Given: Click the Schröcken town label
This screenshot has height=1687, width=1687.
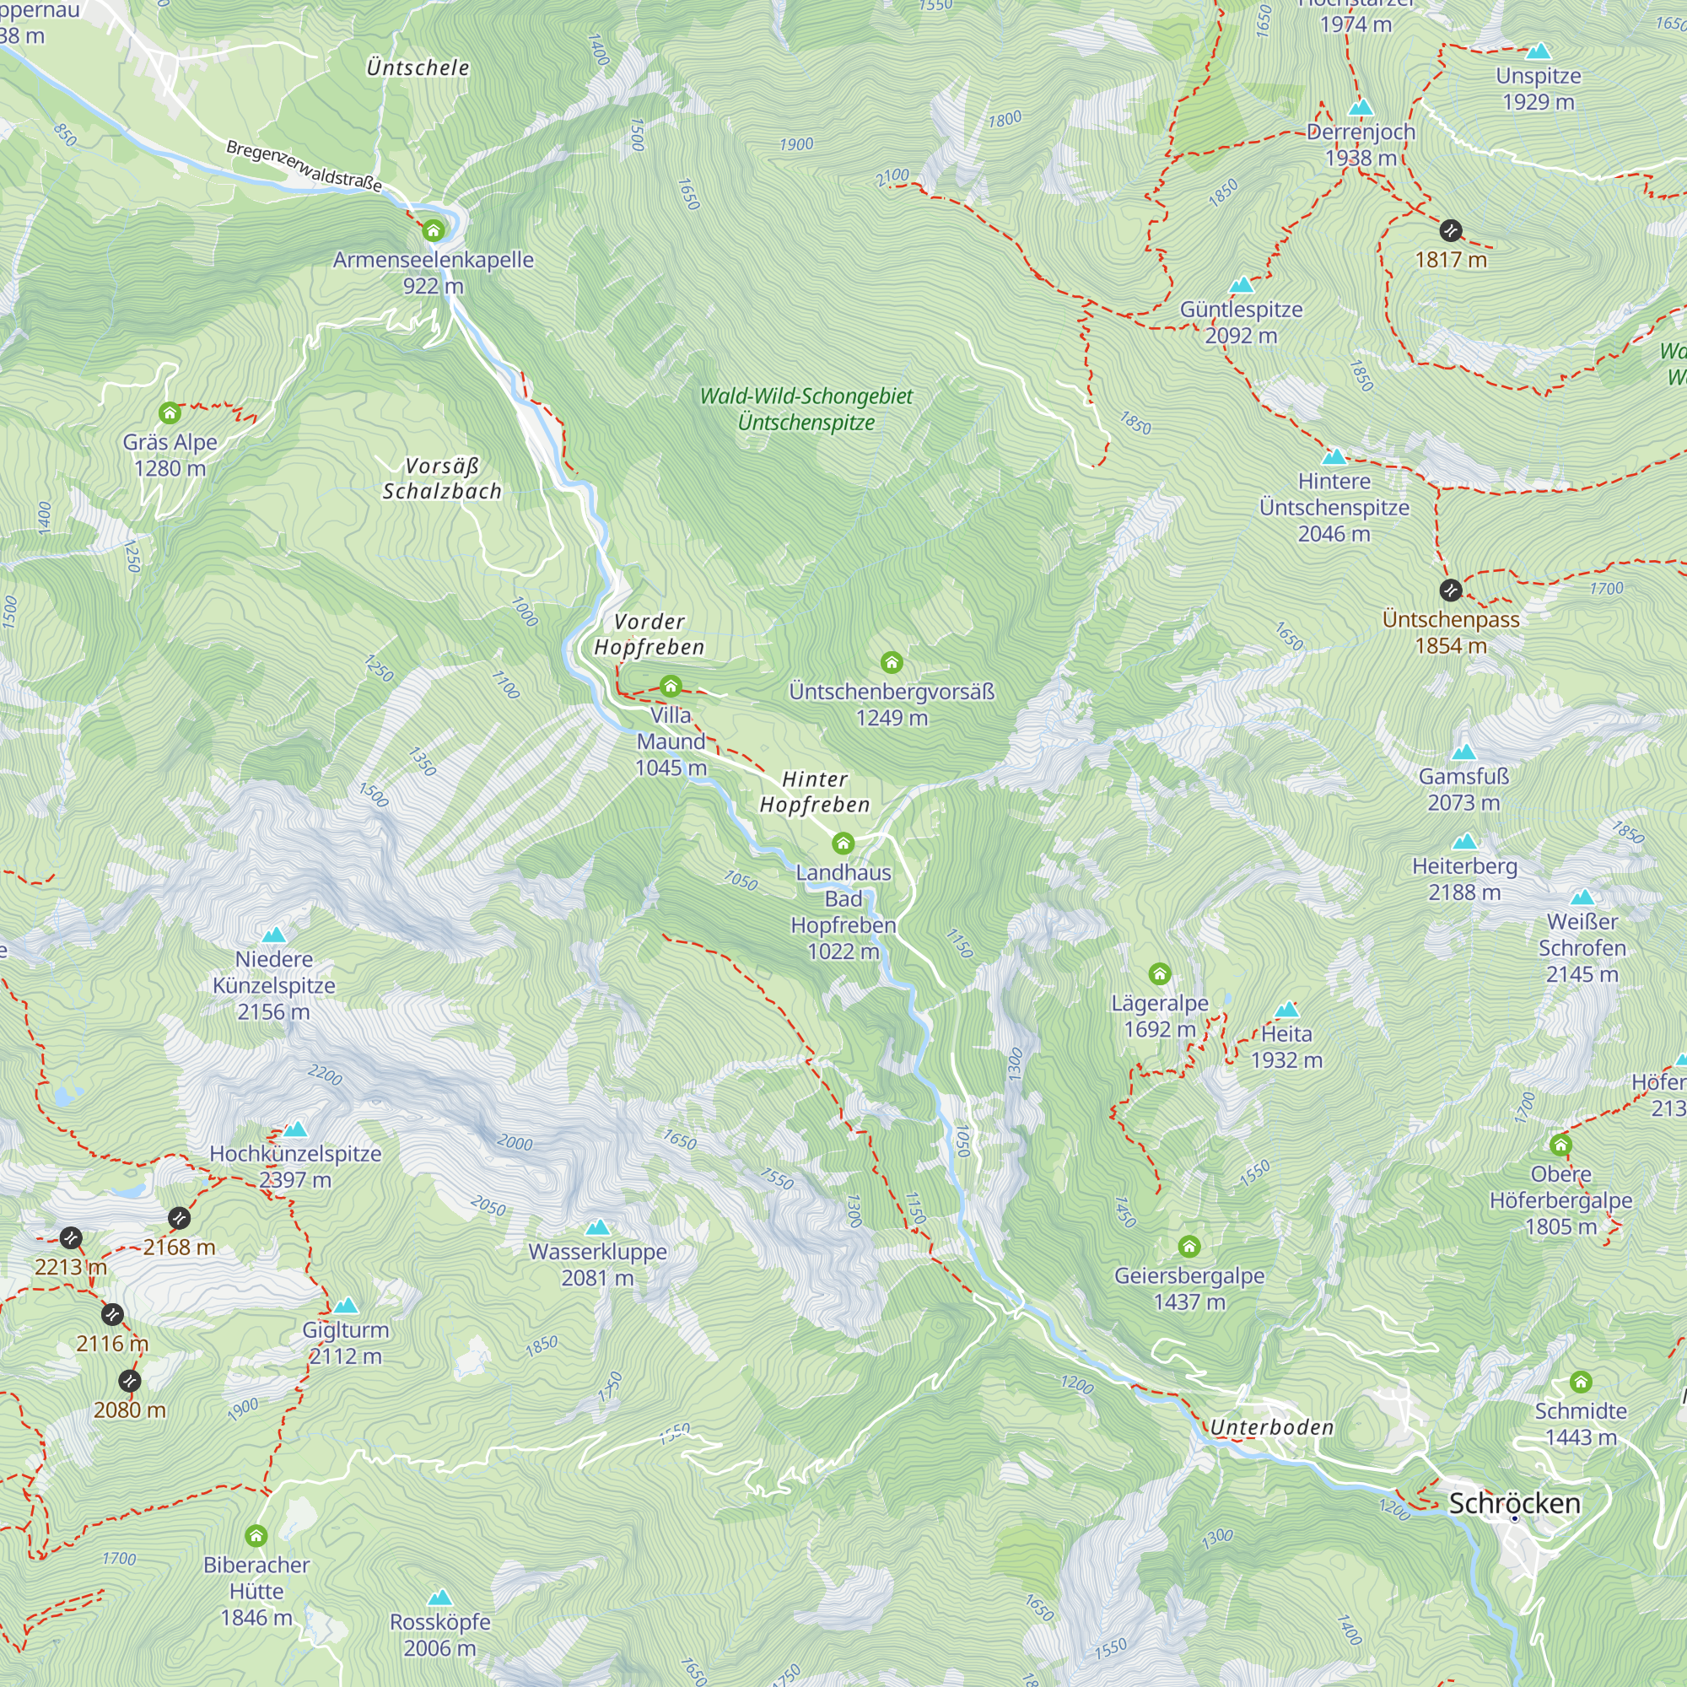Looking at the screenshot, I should click(1514, 1503).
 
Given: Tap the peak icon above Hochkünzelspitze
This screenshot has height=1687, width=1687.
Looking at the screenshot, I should click(296, 1129).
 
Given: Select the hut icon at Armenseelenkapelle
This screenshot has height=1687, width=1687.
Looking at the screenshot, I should click(433, 230).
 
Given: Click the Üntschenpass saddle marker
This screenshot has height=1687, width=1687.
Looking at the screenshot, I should click(1450, 590).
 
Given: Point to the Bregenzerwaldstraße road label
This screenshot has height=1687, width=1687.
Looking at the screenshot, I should click(304, 165).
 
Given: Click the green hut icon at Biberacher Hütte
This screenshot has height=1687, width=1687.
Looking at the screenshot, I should click(256, 1535).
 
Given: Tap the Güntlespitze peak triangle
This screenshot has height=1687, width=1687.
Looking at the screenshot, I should click(1241, 286).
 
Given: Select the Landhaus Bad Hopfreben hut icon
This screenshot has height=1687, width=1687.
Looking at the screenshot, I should click(843, 843).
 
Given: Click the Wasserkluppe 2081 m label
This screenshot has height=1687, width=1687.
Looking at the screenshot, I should click(597, 1264).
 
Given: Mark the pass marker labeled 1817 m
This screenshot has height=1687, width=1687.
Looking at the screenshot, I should click(1450, 230).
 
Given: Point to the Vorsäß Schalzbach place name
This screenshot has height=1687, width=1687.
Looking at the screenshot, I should click(442, 478).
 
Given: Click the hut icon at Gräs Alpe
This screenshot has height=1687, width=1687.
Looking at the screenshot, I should click(170, 412).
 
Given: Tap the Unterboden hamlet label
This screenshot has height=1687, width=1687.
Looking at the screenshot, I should click(1271, 1427).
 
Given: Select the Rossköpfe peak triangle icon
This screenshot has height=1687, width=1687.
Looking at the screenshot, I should click(440, 1597).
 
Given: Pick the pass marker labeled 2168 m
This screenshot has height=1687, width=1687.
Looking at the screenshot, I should click(179, 1217).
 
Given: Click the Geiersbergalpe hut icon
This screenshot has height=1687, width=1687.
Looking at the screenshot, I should click(1189, 1245).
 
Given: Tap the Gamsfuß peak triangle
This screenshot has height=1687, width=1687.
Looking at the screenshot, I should click(1463, 752).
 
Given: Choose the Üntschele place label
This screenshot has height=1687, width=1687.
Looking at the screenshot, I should click(418, 67).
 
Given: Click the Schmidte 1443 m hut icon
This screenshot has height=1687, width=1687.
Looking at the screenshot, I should click(1581, 1382).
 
